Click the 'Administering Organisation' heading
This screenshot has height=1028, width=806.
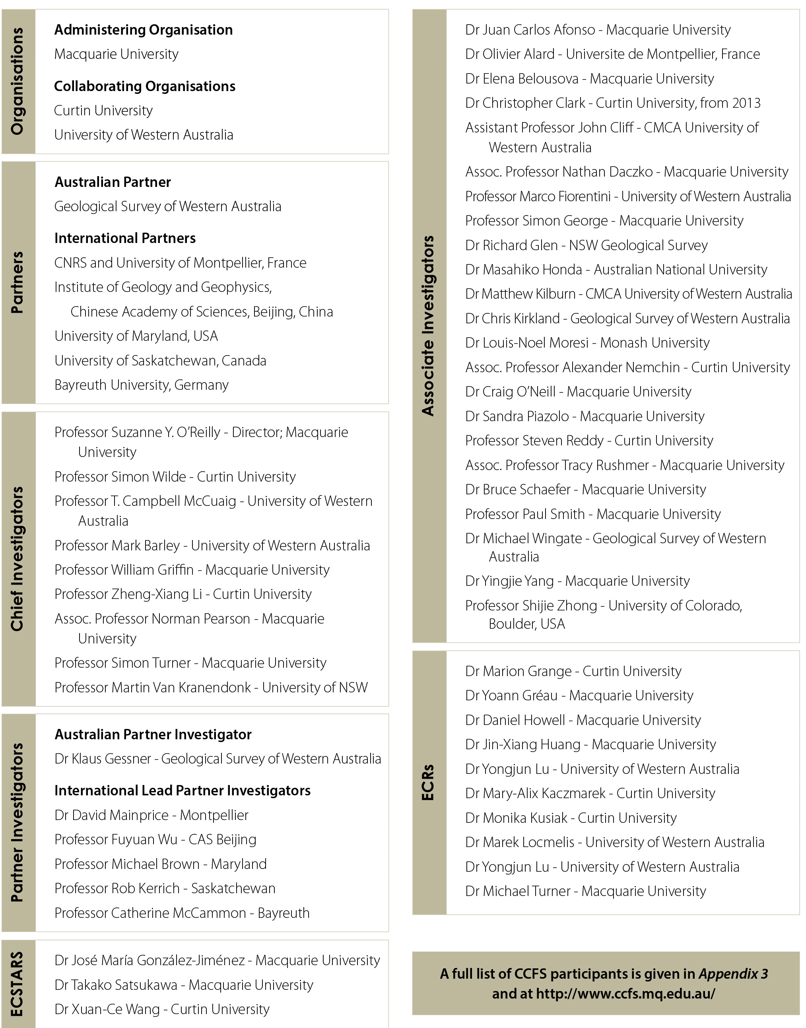click(x=144, y=30)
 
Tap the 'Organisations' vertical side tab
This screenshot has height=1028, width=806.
click(x=17, y=81)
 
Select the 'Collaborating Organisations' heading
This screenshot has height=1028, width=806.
click(x=144, y=86)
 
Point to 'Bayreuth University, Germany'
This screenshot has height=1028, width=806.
click(x=142, y=385)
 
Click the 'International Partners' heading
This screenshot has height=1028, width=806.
click(x=124, y=238)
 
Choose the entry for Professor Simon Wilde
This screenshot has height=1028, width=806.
click(x=175, y=477)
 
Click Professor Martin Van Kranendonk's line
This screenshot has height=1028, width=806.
click(x=211, y=687)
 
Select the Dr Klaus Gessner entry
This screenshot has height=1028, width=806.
click(x=218, y=758)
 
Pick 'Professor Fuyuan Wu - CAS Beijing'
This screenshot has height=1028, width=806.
click(x=155, y=839)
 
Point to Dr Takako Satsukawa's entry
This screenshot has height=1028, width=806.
click(x=184, y=985)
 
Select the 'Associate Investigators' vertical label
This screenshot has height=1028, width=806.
click(x=427, y=326)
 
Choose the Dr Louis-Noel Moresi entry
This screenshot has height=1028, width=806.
click(x=587, y=343)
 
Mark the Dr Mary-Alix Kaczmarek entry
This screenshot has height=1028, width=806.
click(x=590, y=793)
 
